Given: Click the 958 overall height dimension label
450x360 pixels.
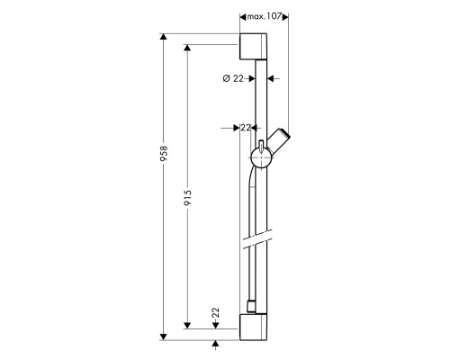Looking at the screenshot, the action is pyautogui.click(x=164, y=154).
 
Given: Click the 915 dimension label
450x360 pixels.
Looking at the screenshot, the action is pyautogui.click(x=188, y=198).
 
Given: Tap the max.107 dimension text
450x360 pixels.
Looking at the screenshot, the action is pyautogui.click(x=264, y=16).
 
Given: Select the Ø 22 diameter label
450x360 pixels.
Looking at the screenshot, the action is pyautogui.click(x=233, y=78).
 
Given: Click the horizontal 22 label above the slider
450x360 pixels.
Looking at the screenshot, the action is pyautogui.click(x=246, y=128).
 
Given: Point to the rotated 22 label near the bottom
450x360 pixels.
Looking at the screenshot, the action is pyautogui.click(x=216, y=313).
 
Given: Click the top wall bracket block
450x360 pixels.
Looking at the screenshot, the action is pyautogui.click(x=253, y=47).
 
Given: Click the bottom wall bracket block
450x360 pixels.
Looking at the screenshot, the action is pyautogui.click(x=253, y=327).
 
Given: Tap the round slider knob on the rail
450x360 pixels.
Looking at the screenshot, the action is pyautogui.click(x=261, y=157).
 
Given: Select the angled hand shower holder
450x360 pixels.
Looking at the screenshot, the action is pyautogui.click(x=279, y=140).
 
